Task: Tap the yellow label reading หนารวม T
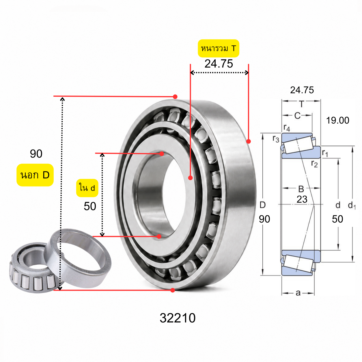219,48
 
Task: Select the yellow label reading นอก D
35,175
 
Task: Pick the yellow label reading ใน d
87,188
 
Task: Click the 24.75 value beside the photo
219,64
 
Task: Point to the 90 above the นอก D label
36,154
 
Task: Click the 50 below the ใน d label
90,206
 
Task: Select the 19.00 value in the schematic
337,120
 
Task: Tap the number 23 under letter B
302,199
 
